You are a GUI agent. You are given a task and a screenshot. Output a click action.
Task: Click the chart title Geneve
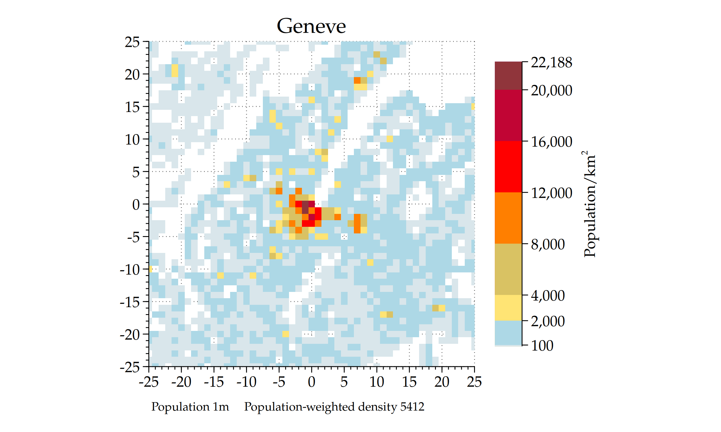click(311, 26)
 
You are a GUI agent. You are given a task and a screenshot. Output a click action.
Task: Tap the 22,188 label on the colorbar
click(551, 63)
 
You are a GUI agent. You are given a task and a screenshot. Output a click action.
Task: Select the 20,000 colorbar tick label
click(551, 90)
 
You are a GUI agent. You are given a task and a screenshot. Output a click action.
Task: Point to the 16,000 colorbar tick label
click(551, 142)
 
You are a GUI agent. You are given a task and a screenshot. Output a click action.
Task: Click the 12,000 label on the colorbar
click(551, 193)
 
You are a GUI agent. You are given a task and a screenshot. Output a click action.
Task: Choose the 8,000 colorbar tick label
click(548, 244)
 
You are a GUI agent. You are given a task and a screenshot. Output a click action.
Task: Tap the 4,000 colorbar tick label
click(548, 295)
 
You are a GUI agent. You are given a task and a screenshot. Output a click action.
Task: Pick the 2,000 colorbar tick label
click(548, 321)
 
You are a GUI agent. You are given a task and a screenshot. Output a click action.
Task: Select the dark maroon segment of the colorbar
click(508, 76)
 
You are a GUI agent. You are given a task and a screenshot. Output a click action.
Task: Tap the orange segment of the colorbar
click(508, 218)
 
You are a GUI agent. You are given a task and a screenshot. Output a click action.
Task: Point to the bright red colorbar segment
click(508, 166)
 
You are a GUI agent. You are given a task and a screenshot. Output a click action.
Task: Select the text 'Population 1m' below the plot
click(190, 407)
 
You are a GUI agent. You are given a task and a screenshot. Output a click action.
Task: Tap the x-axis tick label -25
click(148, 382)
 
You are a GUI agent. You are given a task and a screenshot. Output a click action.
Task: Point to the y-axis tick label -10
click(130, 270)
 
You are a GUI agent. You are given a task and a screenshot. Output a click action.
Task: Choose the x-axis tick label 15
click(409, 382)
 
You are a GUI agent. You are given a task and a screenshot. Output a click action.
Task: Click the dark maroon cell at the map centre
click(305, 207)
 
